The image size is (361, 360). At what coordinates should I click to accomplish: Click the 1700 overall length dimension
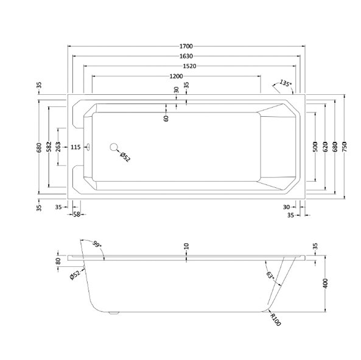coord(186,46)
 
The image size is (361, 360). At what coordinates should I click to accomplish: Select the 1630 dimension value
coord(186,56)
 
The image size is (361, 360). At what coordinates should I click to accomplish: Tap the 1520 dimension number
coord(189,66)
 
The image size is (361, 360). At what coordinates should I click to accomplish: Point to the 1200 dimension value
coord(176,76)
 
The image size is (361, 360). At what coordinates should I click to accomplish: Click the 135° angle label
coord(286,83)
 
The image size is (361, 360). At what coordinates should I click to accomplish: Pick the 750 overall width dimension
coord(345,147)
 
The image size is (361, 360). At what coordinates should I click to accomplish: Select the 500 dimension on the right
coord(315,147)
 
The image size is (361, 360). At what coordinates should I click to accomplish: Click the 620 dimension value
coord(325,147)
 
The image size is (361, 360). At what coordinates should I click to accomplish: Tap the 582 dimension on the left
coord(49,147)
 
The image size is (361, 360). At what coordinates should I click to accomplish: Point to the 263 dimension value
coord(58,147)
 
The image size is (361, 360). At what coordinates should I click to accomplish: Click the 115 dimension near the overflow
coord(75,147)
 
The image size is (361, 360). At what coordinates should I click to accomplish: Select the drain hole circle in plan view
coord(114,147)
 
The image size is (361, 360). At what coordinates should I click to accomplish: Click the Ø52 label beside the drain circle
coord(125,157)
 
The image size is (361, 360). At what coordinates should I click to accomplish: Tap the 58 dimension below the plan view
coord(77,215)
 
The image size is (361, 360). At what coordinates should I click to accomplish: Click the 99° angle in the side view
coord(97,244)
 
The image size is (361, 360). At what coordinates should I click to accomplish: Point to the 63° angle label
coord(270,275)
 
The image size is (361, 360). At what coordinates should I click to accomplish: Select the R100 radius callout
coord(276,320)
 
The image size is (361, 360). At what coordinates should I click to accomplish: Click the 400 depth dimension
coord(325,283)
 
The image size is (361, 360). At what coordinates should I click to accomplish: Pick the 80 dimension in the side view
coord(58,261)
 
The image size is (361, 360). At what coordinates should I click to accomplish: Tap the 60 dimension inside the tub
coord(166,119)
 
